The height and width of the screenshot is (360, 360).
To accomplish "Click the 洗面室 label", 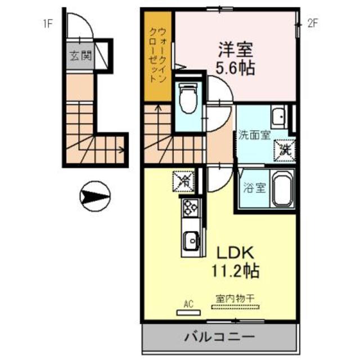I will [254, 136].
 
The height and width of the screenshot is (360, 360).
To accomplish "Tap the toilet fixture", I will [185, 100].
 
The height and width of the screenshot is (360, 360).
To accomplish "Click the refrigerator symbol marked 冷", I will [184, 181].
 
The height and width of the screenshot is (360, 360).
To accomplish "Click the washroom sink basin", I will [277, 117].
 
